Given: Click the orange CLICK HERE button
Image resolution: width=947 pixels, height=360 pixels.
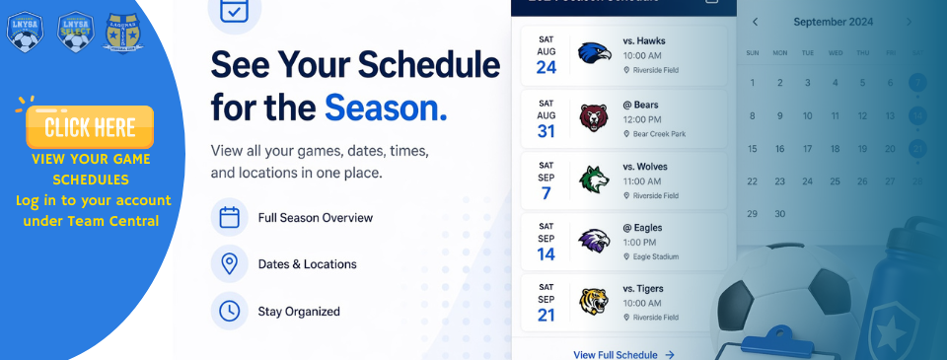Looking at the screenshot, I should pyautogui.click(x=90, y=126).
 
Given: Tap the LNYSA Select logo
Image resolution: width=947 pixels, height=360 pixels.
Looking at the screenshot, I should pyautogui.click(x=75, y=32).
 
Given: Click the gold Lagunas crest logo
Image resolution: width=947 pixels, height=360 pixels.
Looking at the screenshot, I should pyautogui.click(x=122, y=32).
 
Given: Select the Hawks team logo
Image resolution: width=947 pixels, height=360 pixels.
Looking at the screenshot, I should pyautogui.click(x=594, y=54).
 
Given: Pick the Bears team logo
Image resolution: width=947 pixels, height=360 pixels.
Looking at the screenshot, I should pyautogui.click(x=594, y=117).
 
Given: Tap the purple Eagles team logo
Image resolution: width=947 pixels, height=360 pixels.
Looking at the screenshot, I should pyautogui.click(x=594, y=241).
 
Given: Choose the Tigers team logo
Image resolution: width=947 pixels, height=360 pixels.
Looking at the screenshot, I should pyautogui.click(x=594, y=302).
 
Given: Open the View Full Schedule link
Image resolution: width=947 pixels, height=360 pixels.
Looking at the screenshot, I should pyautogui.click(x=623, y=354).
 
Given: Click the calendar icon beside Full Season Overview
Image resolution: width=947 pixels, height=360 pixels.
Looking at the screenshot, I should pyautogui.click(x=230, y=217).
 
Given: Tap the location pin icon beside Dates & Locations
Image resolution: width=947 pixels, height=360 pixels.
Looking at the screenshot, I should pyautogui.click(x=230, y=264).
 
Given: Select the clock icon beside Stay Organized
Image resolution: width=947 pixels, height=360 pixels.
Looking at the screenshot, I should pyautogui.click(x=230, y=311).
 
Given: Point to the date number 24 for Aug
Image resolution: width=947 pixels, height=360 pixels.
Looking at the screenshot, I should pyautogui.click(x=546, y=68).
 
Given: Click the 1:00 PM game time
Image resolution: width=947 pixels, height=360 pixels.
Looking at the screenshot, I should pyautogui.click(x=640, y=242).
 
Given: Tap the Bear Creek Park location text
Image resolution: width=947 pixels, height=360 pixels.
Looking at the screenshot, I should pyautogui.click(x=658, y=133).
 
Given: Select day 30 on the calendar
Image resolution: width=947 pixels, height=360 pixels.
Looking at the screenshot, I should pyautogui.click(x=780, y=213).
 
